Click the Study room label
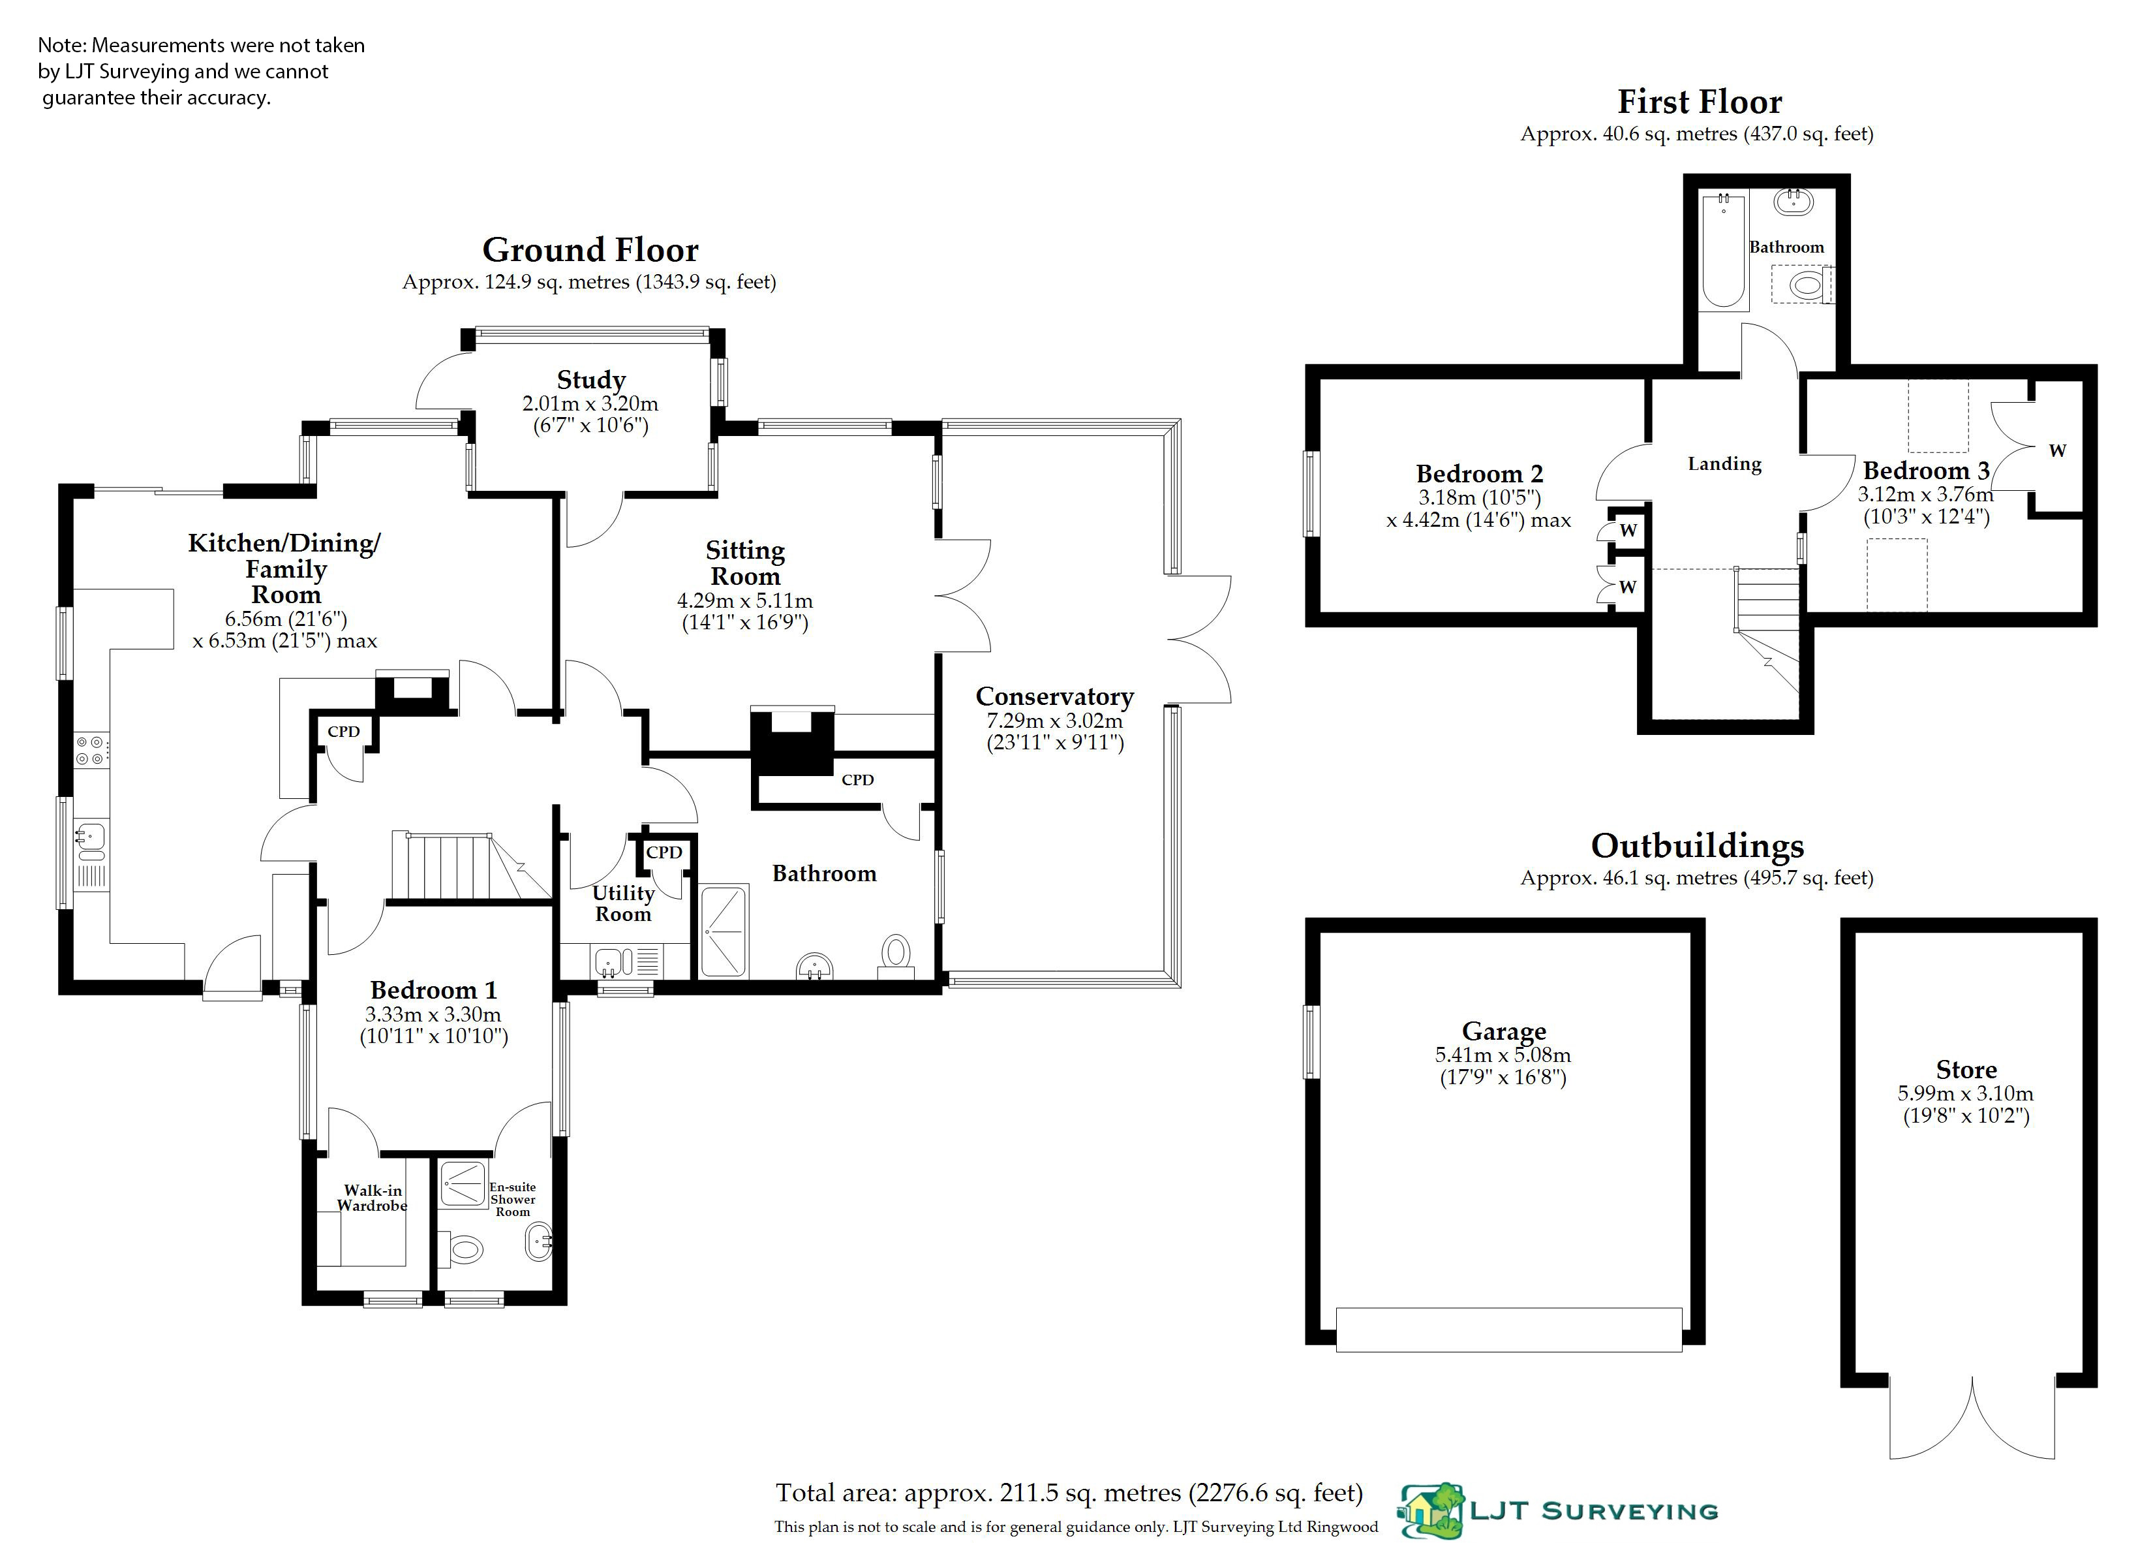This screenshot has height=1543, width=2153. (x=590, y=380)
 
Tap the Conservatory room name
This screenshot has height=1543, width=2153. (x=1055, y=697)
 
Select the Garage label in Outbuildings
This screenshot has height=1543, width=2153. (x=1504, y=1031)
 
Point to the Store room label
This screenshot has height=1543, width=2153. (x=1966, y=1070)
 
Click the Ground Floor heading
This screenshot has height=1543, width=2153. (x=590, y=250)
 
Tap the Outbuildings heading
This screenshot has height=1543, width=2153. (x=1698, y=845)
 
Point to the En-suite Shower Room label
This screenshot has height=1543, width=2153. (x=513, y=1199)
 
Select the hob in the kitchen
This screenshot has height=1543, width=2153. (x=92, y=750)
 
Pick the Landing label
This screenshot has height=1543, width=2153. (x=1724, y=464)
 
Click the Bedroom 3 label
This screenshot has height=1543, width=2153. (x=1925, y=471)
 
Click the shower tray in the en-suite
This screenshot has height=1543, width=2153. (x=463, y=1184)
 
